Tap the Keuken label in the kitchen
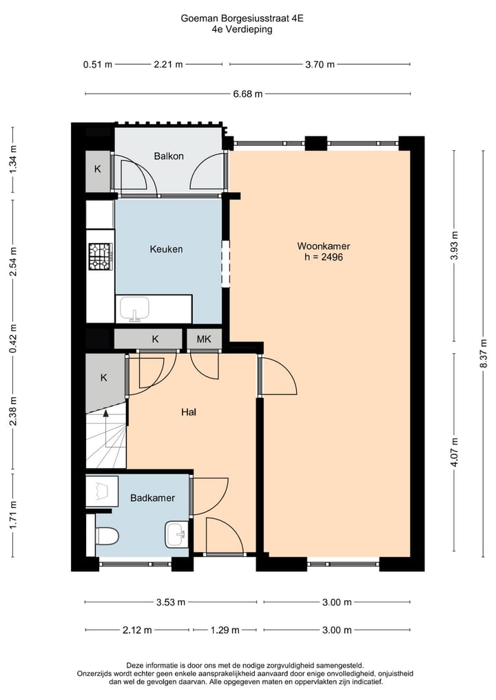click(166, 249)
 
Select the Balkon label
click(169, 156)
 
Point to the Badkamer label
click(152, 498)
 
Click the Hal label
click(189, 412)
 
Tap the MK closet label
click(204, 339)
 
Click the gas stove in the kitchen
click(100, 257)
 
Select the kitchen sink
click(136, 309)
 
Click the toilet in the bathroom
click(107, 535)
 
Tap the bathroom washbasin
click(176, 533)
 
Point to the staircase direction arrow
click(105, 414)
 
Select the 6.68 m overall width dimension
click(248, 94)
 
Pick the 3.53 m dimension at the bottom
click(171, 602)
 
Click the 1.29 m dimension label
click(225, 630)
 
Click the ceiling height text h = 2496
click(324, 257)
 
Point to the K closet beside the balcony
click(97, 169)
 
